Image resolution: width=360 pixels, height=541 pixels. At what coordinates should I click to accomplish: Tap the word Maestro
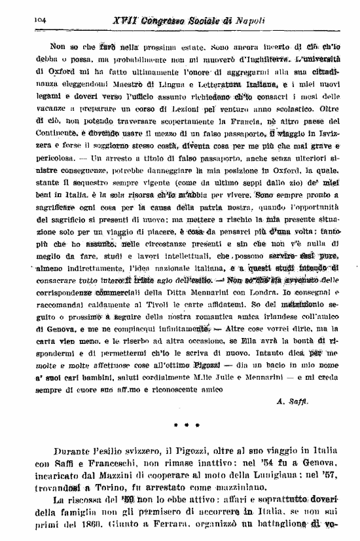coord(134,84)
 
